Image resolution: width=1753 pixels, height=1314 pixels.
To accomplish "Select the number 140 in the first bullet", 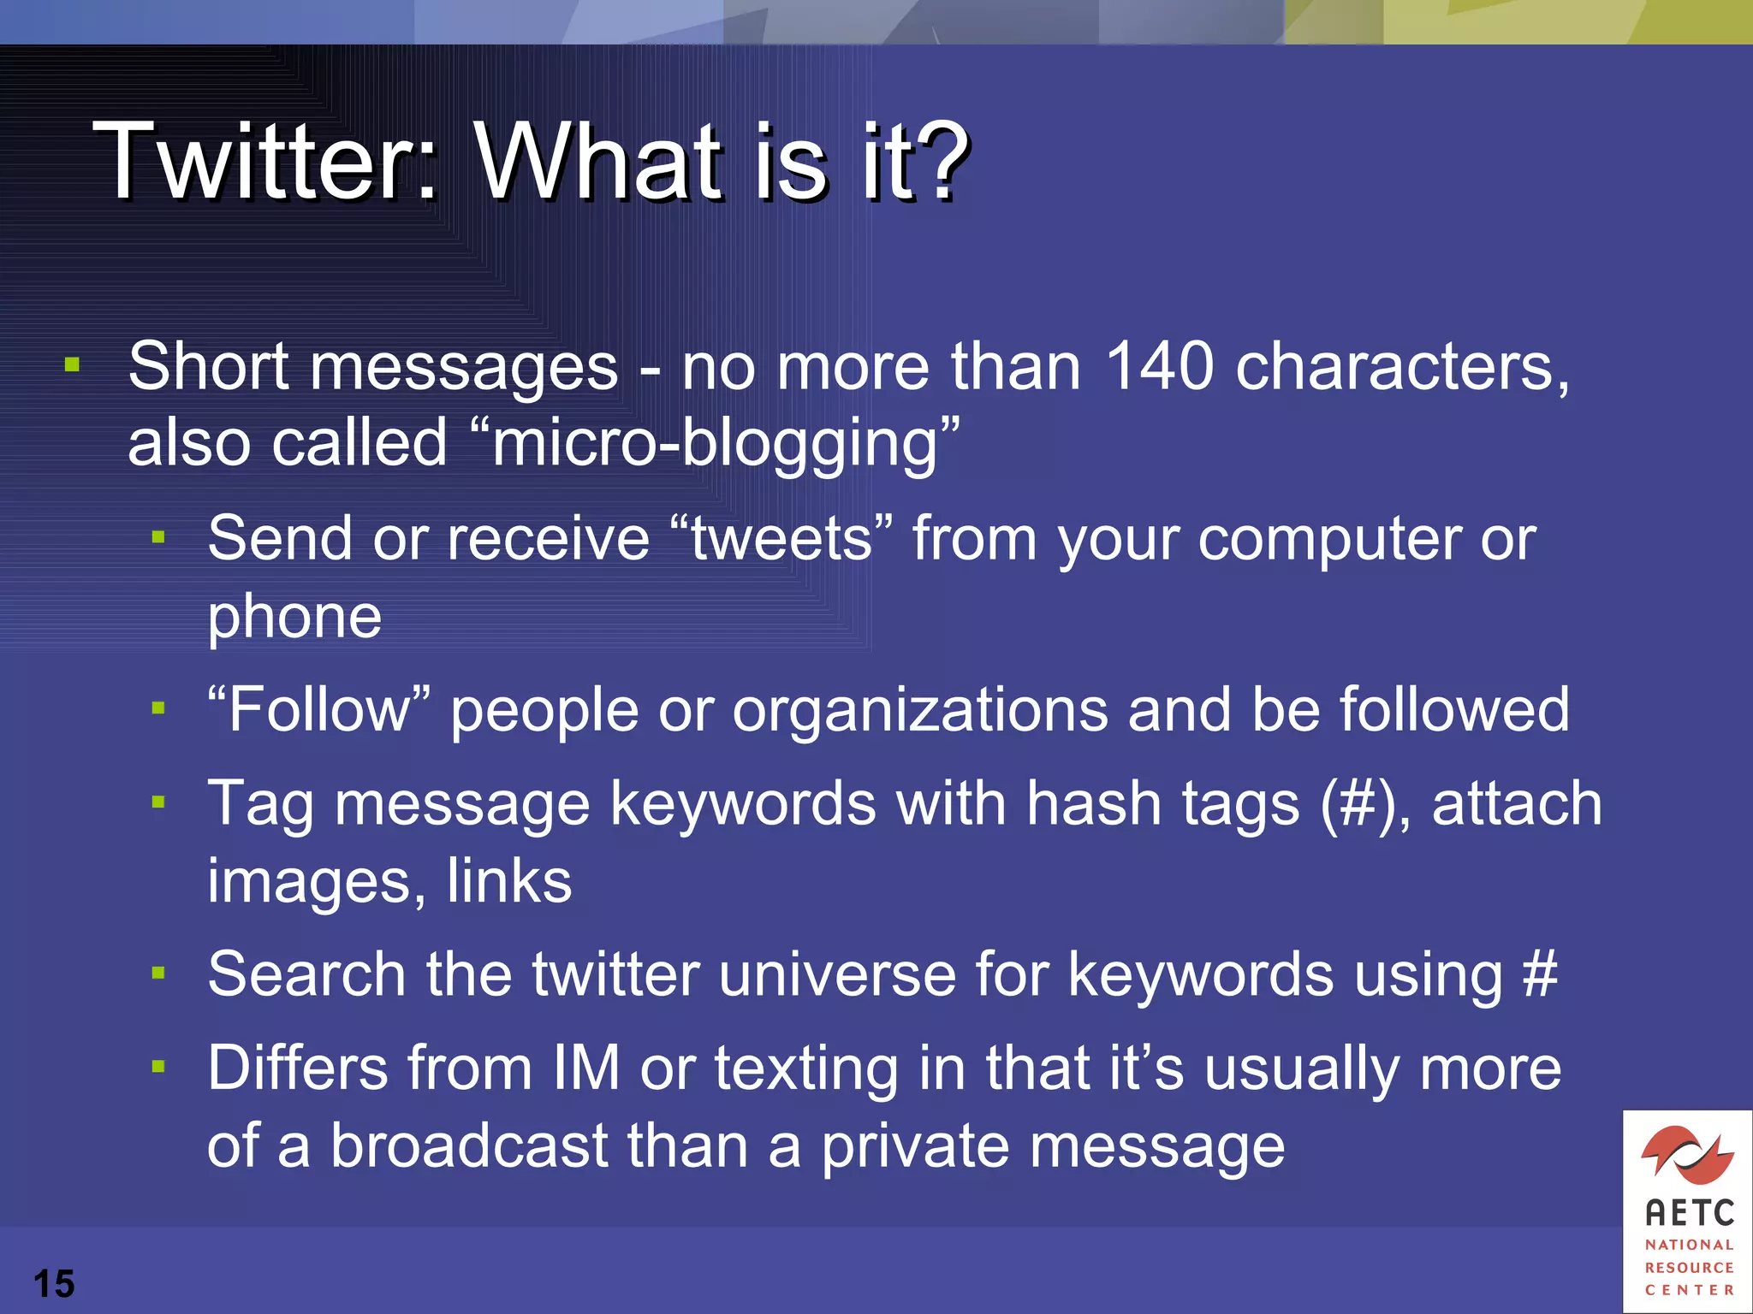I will [1159, 366].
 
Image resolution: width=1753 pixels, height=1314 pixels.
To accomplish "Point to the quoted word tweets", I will [781, 539].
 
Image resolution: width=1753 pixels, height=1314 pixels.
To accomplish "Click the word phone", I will [294, 618].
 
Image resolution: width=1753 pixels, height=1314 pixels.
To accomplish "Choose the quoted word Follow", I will [318, 710].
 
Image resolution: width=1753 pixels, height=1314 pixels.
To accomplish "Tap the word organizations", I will [919, 710].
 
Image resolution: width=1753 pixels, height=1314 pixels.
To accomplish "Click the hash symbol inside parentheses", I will [1358, 805].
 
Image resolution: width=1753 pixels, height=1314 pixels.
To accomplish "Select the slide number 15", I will [54, 1283].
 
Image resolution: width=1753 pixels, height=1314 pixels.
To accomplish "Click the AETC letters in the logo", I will [1689, 1212].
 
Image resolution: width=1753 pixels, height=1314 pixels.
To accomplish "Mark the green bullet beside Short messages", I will [72, 366].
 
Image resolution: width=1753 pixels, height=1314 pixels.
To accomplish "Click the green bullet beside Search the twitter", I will [158, 973].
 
